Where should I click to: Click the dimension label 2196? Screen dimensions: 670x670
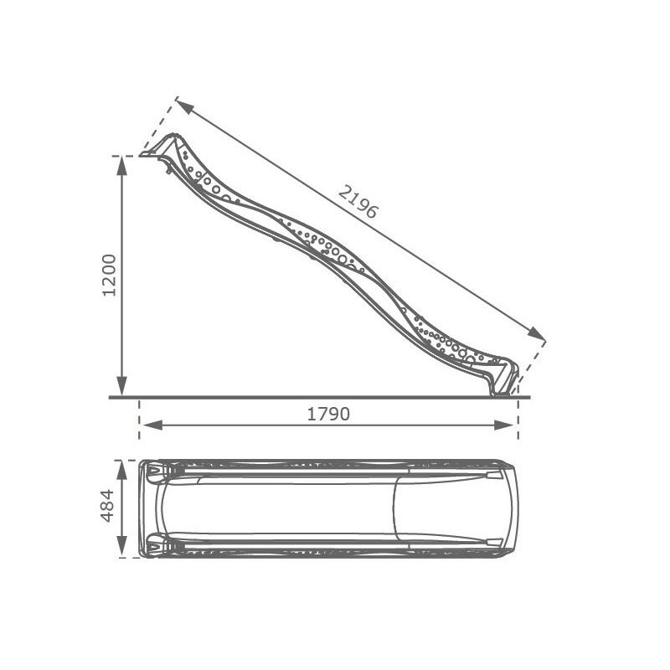point(358,203)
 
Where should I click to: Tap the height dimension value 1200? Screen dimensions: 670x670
point(110,276)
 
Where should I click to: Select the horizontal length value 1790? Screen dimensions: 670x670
point(328,414)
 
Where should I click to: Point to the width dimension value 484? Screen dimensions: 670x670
point(107,506)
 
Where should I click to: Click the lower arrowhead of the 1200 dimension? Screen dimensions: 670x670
point(122,386)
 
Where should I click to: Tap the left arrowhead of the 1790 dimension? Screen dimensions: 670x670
point(152,425)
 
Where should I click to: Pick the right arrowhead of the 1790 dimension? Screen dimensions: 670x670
point(504,425)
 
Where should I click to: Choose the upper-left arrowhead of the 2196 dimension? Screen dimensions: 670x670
point(185,107)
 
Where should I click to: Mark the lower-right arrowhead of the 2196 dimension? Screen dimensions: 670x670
point(536,333)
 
